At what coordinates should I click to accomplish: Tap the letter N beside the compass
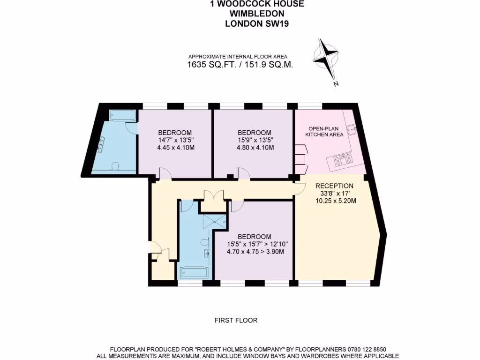(x=336, y=84)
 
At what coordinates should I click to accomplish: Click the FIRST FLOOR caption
(x=236, y=321)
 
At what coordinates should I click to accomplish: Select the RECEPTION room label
(x=334, y=186)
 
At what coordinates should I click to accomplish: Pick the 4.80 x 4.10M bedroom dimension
(x=255, y=147)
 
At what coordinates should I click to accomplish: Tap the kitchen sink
(x=352, y=128)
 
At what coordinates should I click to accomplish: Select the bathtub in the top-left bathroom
(x=122, y=115)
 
